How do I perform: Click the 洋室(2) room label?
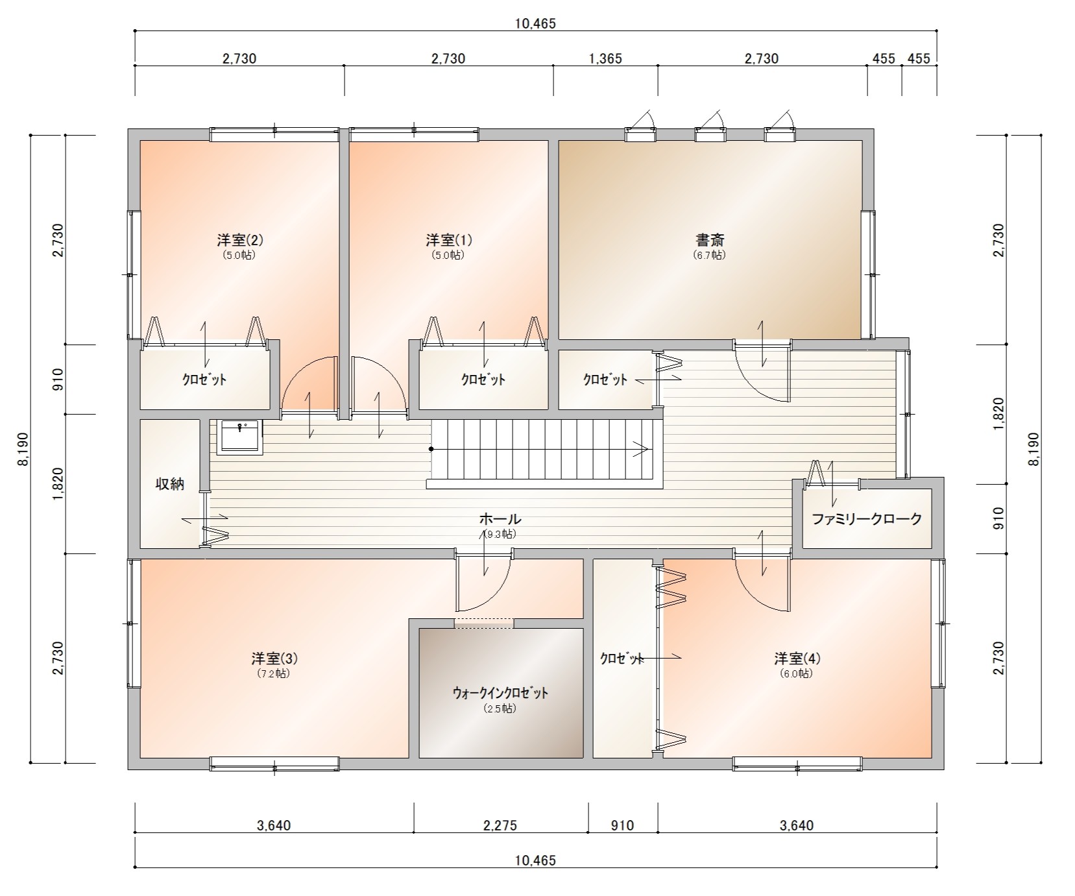[x=240, y=239]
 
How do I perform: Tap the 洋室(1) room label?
[x=449, y=239]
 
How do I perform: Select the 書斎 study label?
[x=709, y=239]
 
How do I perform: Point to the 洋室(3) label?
[x=274, y=658]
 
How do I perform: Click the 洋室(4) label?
[x=797, y=658]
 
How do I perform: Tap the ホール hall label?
[x=500, y=518]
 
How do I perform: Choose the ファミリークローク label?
[x=867, y=518]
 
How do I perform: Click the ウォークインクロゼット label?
[x=500, y=693]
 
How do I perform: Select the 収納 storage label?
[x=170, y=483]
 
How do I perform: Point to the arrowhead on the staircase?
[x=644, y=449]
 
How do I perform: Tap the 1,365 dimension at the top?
[x=605, y=58]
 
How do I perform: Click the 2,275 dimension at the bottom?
[x=500, y=825]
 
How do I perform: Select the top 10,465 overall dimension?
[x=535, y=24]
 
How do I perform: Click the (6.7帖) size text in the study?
[x=709, y=255]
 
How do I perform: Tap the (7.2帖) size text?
[x=274, y=673]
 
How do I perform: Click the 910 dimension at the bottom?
[x=622, y=825]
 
